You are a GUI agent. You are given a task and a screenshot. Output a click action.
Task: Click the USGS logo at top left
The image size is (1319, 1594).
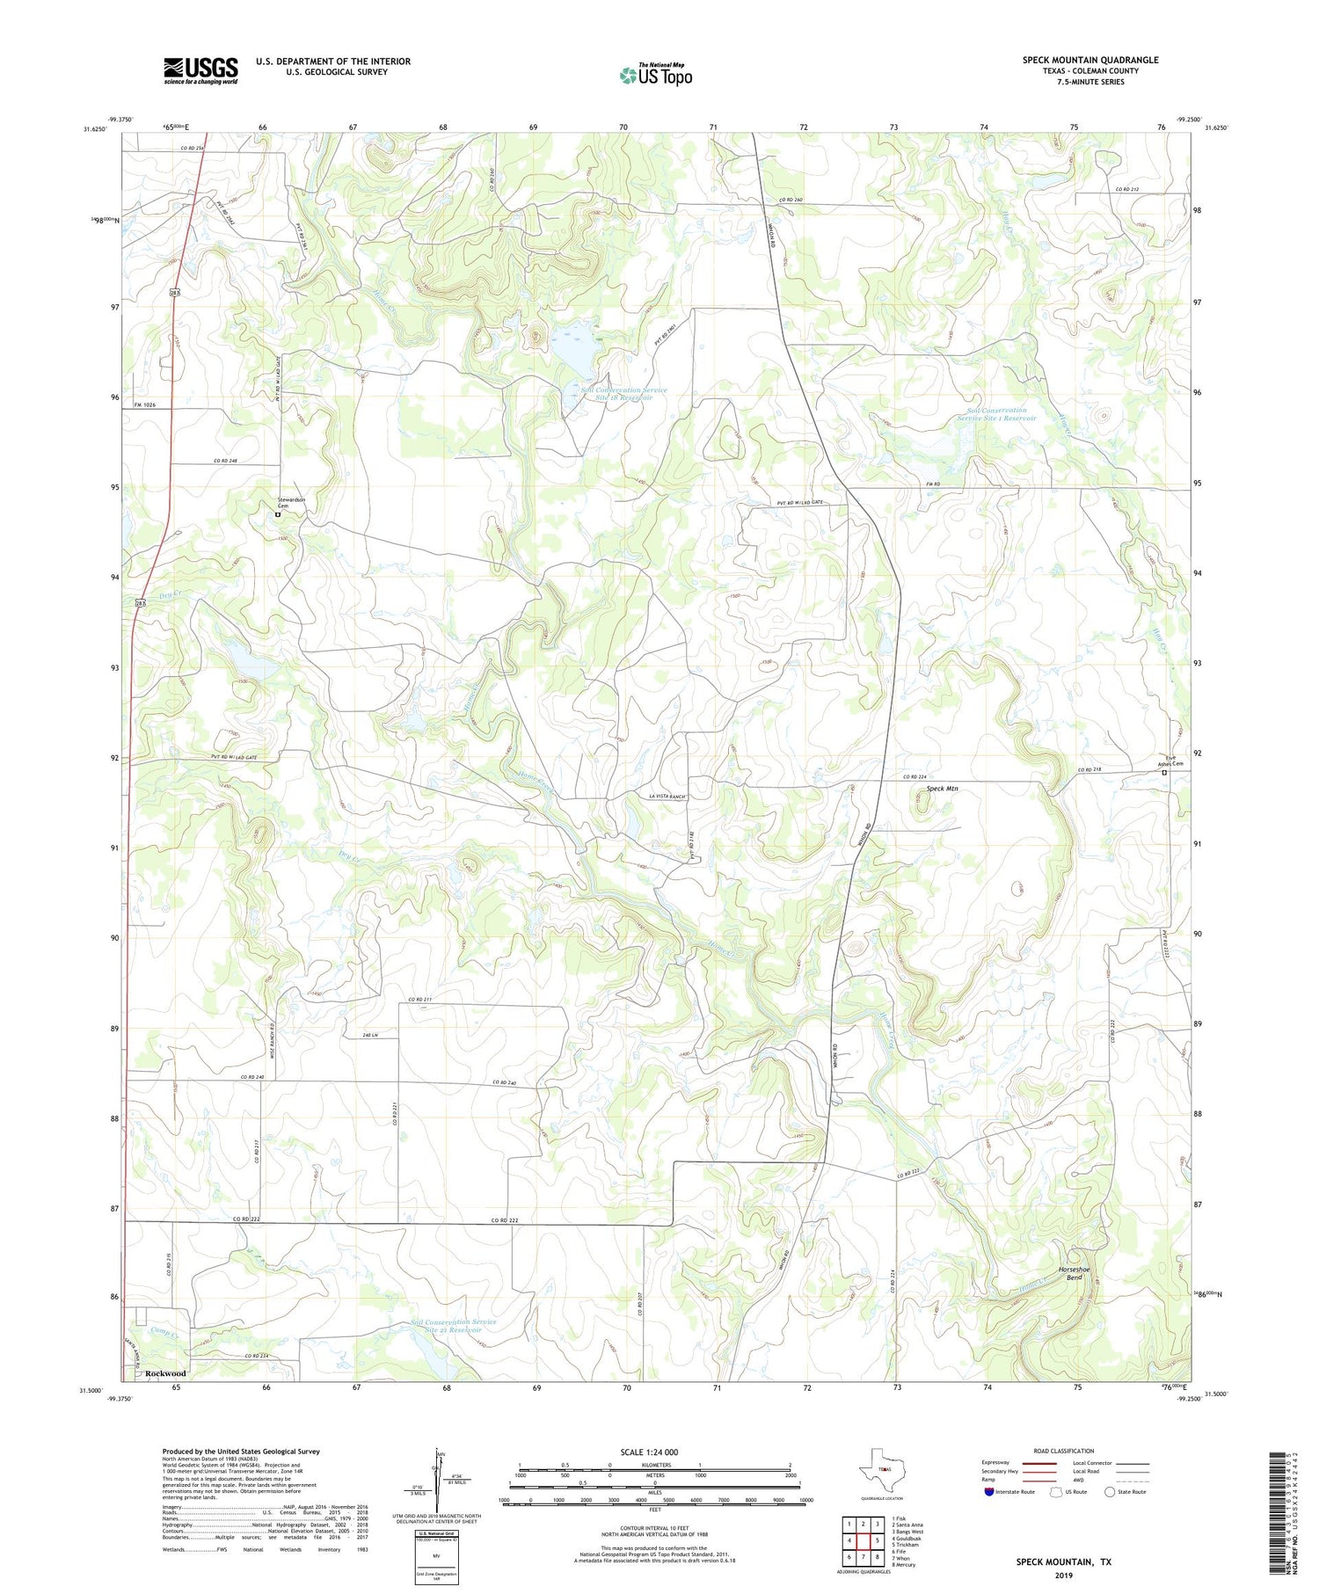click(200, 70)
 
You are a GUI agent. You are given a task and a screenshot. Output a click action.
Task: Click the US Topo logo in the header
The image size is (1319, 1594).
click(655, 76)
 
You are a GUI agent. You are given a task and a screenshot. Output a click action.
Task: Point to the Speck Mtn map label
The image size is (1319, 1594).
click(942, 789)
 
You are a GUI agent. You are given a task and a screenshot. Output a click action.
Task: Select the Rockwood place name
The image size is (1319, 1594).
click(165, 1372)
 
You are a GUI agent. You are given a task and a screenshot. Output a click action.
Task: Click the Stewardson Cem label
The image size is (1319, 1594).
click(291, 503)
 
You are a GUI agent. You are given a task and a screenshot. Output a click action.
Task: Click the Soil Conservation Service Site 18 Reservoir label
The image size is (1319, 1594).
click(623, 394)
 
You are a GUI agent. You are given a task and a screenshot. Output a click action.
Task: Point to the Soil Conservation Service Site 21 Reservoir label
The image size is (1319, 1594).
click(453, 1326)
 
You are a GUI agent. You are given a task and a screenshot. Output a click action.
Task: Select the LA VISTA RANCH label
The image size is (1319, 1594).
click(667, 797)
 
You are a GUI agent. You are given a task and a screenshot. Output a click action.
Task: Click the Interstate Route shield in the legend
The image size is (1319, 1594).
click(989, 1491)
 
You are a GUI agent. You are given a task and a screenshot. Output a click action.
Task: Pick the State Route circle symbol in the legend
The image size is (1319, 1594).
click(1110, 1491)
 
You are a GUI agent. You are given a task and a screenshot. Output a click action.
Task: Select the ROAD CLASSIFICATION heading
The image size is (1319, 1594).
click(1064, 1451)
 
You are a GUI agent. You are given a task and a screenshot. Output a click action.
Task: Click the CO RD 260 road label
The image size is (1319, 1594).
click(791, 200)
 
